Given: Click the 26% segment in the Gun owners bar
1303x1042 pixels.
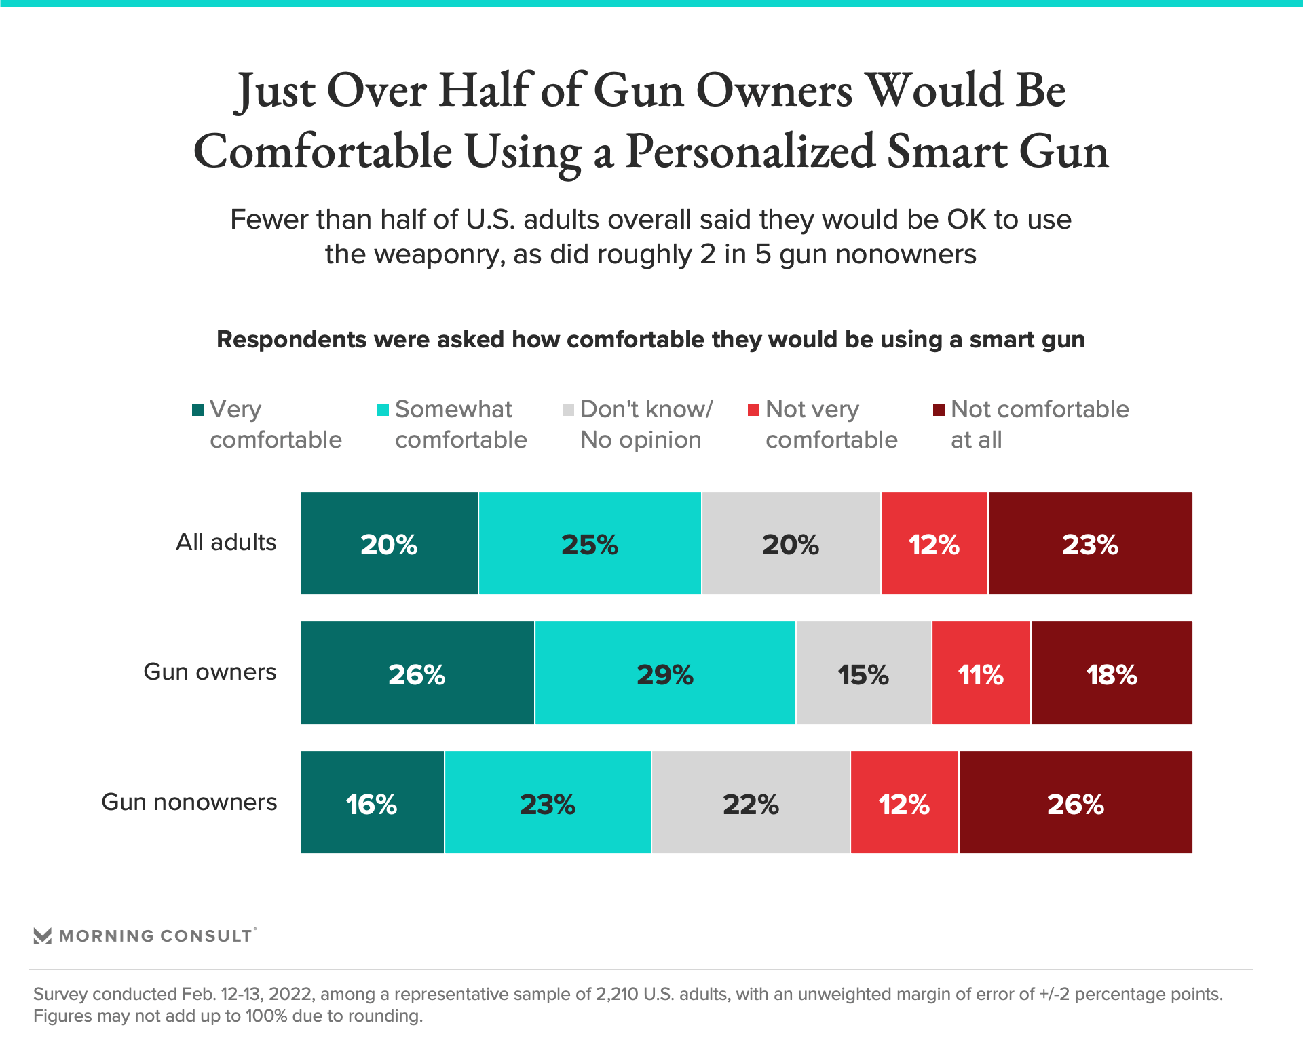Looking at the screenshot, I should [x=417, y=673].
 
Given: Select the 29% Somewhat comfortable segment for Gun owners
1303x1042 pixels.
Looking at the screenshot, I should [x=665, y=673].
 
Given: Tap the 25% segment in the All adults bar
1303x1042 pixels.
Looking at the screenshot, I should [x=590, y=543].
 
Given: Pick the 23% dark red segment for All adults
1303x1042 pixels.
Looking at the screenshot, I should [x=1090, y=543].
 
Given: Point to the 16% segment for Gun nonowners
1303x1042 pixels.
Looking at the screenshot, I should [x=372, y=803].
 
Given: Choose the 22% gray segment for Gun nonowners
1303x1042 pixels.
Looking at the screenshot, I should [x=751, y=803].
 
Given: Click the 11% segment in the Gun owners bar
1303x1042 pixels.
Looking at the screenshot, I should [x=981, y=673].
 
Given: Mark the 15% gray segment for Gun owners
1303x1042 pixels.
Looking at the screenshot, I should [x=863, y=673].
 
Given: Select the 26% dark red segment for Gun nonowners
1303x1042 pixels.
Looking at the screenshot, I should [x=1076, y=803].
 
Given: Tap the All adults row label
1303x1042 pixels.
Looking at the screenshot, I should [x=226, y=543].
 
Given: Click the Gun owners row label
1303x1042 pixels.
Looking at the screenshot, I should [x=210, y=672].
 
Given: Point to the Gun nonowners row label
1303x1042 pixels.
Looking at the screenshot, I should [x=189, y=802].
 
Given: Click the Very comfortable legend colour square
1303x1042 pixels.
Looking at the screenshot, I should [x=198, y=410].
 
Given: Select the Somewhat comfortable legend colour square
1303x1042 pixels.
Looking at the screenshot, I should [x=383, y=410].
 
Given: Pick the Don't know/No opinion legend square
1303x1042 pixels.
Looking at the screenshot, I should [x=569, y=410].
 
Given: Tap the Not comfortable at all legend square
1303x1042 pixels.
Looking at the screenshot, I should [x=939, y=410].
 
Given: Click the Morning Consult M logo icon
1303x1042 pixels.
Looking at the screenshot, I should [x=43, y=936].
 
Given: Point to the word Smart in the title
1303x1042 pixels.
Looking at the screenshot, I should [x=947, y=151].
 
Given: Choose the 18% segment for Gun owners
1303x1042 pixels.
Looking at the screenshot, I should [x=1112, y=673].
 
